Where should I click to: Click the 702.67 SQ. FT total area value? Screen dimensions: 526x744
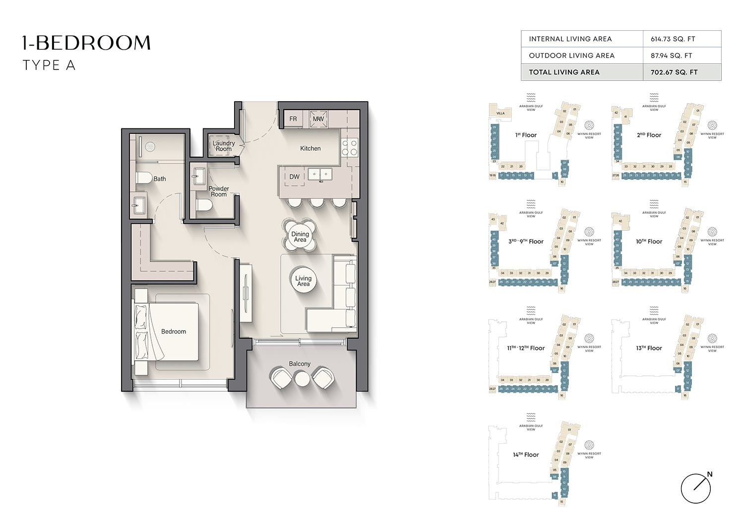(x=674, y=72)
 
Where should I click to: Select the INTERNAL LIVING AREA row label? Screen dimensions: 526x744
(x=570, y=39)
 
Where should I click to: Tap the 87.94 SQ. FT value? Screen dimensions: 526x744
(x=671, y=56)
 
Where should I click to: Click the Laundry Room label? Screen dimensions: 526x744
(x=224, y=146)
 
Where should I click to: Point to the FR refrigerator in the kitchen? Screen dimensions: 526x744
(x=293, y=119)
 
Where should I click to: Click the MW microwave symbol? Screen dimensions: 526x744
(x=318, y=119)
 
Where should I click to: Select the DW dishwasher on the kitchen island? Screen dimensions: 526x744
(x=295, y=177)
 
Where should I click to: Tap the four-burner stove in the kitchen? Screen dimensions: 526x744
(x=349, y=147)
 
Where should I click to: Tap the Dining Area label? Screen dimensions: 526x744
(x=300, y=237)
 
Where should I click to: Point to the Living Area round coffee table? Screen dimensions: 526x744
(x=303, y=281)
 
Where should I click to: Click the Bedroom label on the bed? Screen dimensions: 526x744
(x=174, y=332)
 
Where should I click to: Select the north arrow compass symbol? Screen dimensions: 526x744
(x=696, y=488)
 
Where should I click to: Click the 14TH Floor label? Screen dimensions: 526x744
(x=526, y=455)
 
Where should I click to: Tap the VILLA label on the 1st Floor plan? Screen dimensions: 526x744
(x=500, y=113)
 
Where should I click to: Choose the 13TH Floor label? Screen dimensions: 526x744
(x=649, y=348)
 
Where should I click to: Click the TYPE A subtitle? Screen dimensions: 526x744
(x=49, y=65)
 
